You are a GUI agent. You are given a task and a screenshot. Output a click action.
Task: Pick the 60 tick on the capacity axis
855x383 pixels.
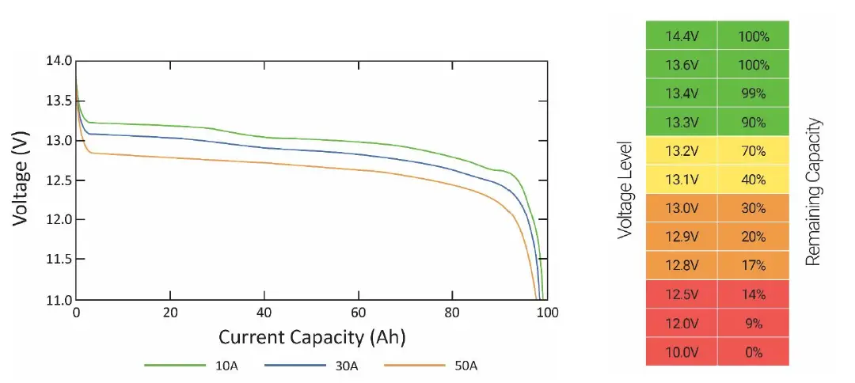point(359,313)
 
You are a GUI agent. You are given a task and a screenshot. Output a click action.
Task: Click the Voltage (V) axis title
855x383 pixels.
point(21,180)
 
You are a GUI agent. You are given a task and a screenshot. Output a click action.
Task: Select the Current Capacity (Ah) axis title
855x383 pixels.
point(312,337)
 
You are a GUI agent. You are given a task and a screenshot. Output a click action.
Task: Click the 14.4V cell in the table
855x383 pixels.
point(682,36)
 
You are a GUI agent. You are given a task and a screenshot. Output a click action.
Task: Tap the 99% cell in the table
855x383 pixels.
point(753,93)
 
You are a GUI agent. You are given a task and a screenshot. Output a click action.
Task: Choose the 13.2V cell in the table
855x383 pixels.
point(682,151)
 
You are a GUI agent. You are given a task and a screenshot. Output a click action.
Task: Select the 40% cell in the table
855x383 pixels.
point(753,180)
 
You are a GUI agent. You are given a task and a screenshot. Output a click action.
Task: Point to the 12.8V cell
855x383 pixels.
point(682,265)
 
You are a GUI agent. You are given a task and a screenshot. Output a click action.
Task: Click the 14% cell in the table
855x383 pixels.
point(753,294)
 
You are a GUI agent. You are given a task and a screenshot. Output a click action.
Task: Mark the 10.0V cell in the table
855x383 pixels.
point(682,352)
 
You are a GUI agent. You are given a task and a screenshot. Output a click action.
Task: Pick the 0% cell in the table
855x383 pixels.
point(753,352)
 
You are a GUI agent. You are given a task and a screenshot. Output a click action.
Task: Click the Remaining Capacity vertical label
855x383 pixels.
point(813,192)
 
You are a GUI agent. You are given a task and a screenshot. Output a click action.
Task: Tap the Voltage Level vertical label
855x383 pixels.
point(625,191)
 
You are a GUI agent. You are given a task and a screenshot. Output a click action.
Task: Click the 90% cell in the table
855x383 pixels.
point(753,123)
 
